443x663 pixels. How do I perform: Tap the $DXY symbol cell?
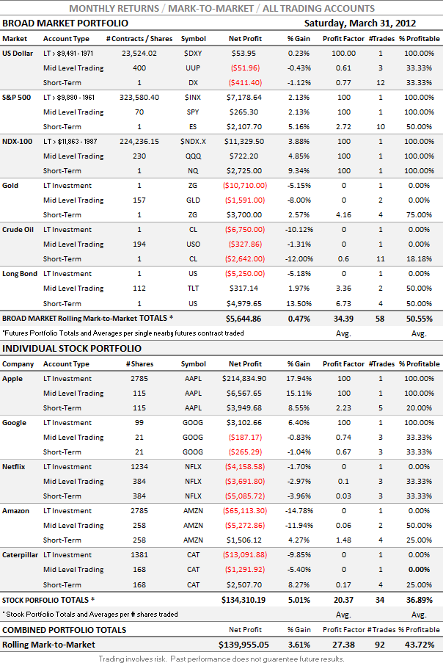coord(194,53)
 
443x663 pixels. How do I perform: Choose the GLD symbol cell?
coord(194,200)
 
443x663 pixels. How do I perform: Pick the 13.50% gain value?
coord(299,302)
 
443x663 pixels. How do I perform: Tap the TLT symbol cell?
coord(194,288)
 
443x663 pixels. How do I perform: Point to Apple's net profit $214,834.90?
coord(244,378)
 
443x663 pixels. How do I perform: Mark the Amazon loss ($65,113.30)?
coord(244,510)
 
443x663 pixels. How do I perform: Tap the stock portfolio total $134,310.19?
coord(243,600)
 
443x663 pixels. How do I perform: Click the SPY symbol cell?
coord(194,112)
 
